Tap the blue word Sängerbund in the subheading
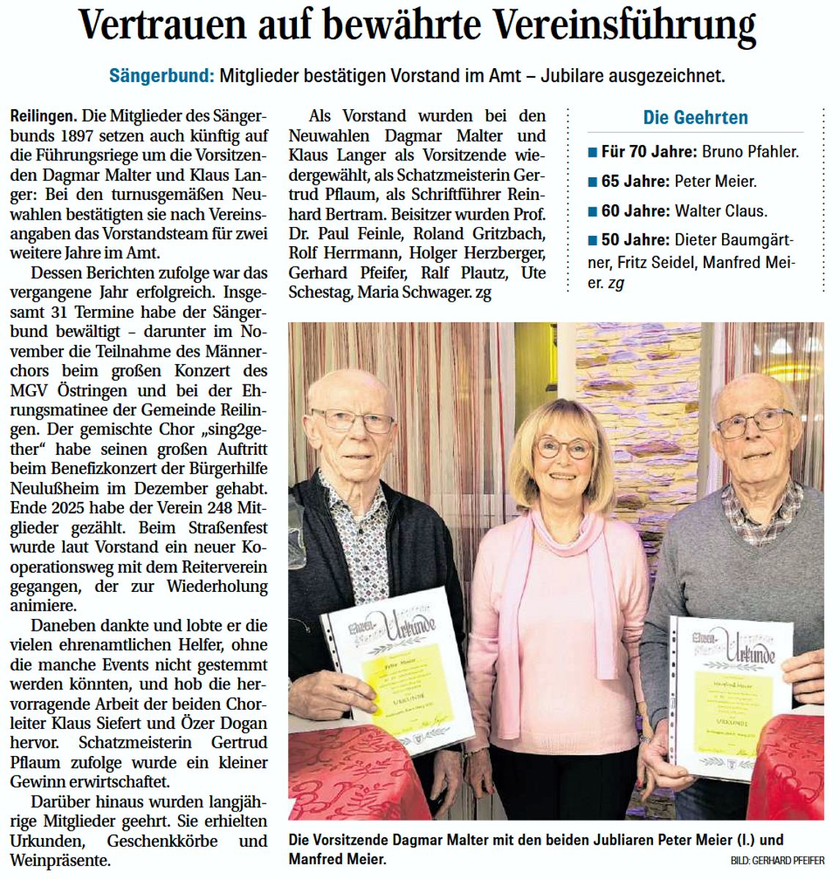tap(161, 75)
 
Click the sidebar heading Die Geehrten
tap(695, 118)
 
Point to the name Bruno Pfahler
tap(751, 153)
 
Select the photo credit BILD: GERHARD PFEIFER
tap(777, 861)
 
